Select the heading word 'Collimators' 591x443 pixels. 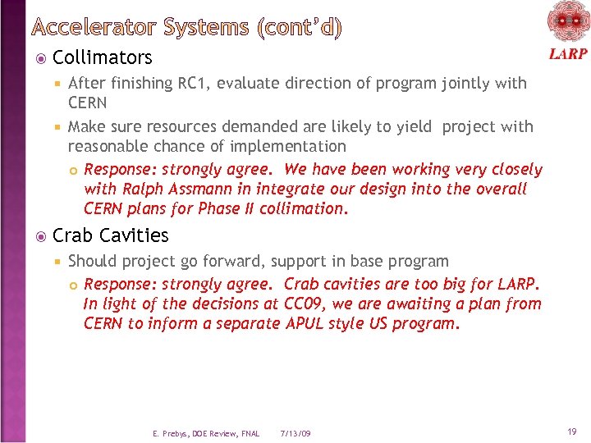coord(102,57)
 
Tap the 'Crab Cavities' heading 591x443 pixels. coord(110,235)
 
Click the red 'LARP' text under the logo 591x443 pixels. coord(567,54)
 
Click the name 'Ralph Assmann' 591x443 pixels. coord(170,189)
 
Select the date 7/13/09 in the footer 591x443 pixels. coord(295,433)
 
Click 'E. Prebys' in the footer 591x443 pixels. coord(170,433)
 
